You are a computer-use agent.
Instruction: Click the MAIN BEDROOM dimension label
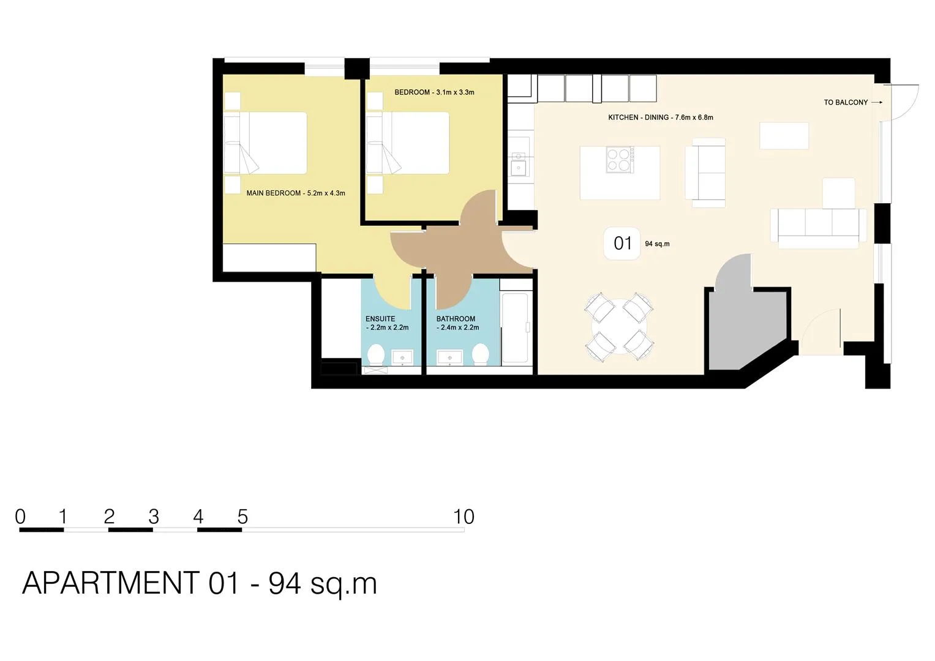tap(296, 193)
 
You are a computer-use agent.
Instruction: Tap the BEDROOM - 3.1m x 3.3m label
tap(434, 92)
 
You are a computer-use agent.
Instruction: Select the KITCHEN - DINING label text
tap(660, 118)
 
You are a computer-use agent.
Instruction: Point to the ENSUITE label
tap(387, 323)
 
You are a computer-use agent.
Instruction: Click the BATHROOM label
tap(457, 323)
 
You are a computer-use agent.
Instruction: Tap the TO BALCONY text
tap(846, 102)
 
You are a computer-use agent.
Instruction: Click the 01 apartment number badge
tap(622, 244)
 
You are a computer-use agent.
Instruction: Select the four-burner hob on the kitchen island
tap(620, 159)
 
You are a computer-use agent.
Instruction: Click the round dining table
tap(620, 326)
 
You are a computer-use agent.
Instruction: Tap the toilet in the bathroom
tap(480, 354)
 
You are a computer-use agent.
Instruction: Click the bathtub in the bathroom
tap(515, 328)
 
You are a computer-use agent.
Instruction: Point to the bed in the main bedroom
tap(266, 143)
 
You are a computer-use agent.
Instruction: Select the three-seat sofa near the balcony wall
tap(818, 228)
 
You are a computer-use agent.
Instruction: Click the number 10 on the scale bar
tap(464, 517)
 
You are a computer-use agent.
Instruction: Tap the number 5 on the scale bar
tap(242, 517)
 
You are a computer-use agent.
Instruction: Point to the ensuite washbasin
tap(402, 357)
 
